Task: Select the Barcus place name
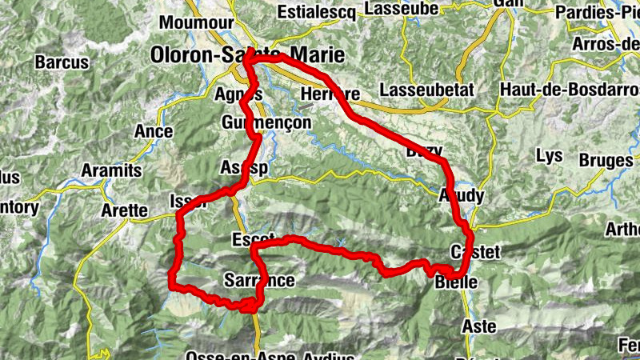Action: tap(62, 62)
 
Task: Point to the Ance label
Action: tap(155, 130)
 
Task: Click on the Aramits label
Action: tap(111, 170)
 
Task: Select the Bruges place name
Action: tap(606, 161)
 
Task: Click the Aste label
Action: tap(479, 326)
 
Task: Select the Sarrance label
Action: tap(259, 280)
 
